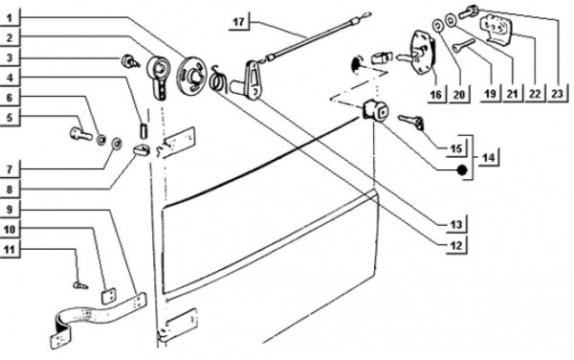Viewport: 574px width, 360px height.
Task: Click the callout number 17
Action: coord(238,22)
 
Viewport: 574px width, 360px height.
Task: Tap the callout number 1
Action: coord(10,18)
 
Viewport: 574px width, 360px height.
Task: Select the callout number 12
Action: coord(456,245)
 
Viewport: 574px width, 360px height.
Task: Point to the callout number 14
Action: coord(488,158)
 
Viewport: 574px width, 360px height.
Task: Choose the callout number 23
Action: coord(557,94)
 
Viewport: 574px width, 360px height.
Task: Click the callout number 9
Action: coord(10,210)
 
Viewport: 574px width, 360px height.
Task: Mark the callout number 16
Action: coord(435,95)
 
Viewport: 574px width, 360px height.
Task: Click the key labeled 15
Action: coord(411,122)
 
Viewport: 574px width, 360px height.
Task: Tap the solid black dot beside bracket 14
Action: coord(462,169)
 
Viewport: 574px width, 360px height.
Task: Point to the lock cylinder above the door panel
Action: coord(375,109)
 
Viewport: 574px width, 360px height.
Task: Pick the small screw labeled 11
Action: coord(80,284)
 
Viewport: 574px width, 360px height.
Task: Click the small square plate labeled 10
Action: coord(108,296)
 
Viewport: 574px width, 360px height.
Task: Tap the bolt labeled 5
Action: coord(80,133)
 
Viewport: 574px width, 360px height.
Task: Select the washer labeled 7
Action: coord(117,144)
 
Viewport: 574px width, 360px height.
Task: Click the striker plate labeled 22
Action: coord(497,30)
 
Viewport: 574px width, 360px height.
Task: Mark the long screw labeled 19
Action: coord(463,46)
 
